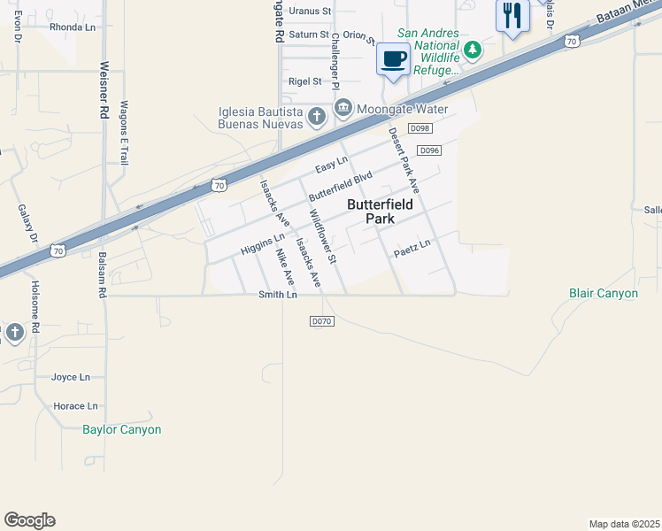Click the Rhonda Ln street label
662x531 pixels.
click(x=73, y=27)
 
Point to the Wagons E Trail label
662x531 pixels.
click(x=125, y=132)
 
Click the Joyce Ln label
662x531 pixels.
click(x=71, y=377)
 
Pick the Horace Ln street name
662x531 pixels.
click(x=75, y=406)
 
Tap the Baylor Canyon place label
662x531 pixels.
click(x=122, y=430)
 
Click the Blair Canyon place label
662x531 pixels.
click(x=604, y=293)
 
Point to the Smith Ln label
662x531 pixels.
click(x=277, y=295)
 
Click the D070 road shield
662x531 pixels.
click(x=321, y=321)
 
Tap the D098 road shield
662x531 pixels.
click(x=420, y=129)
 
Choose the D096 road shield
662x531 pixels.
click(x=429, y=150)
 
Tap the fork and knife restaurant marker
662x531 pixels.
click(x=512, y=14)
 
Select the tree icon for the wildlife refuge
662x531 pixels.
click(x=473, y=50)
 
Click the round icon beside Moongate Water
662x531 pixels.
click(x=343, y=109)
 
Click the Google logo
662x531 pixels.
click(x=29, y=520)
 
